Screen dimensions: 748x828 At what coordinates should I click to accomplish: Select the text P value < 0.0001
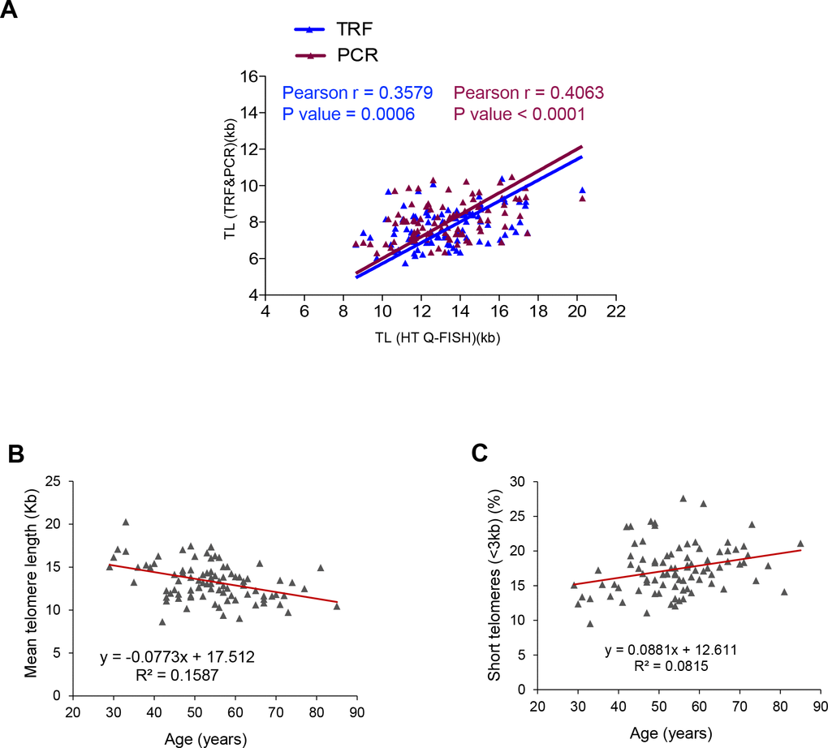coord(520,114)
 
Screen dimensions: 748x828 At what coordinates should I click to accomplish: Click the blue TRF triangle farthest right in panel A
coord(581,190)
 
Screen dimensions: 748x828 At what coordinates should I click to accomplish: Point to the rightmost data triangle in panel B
coord(336,606)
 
